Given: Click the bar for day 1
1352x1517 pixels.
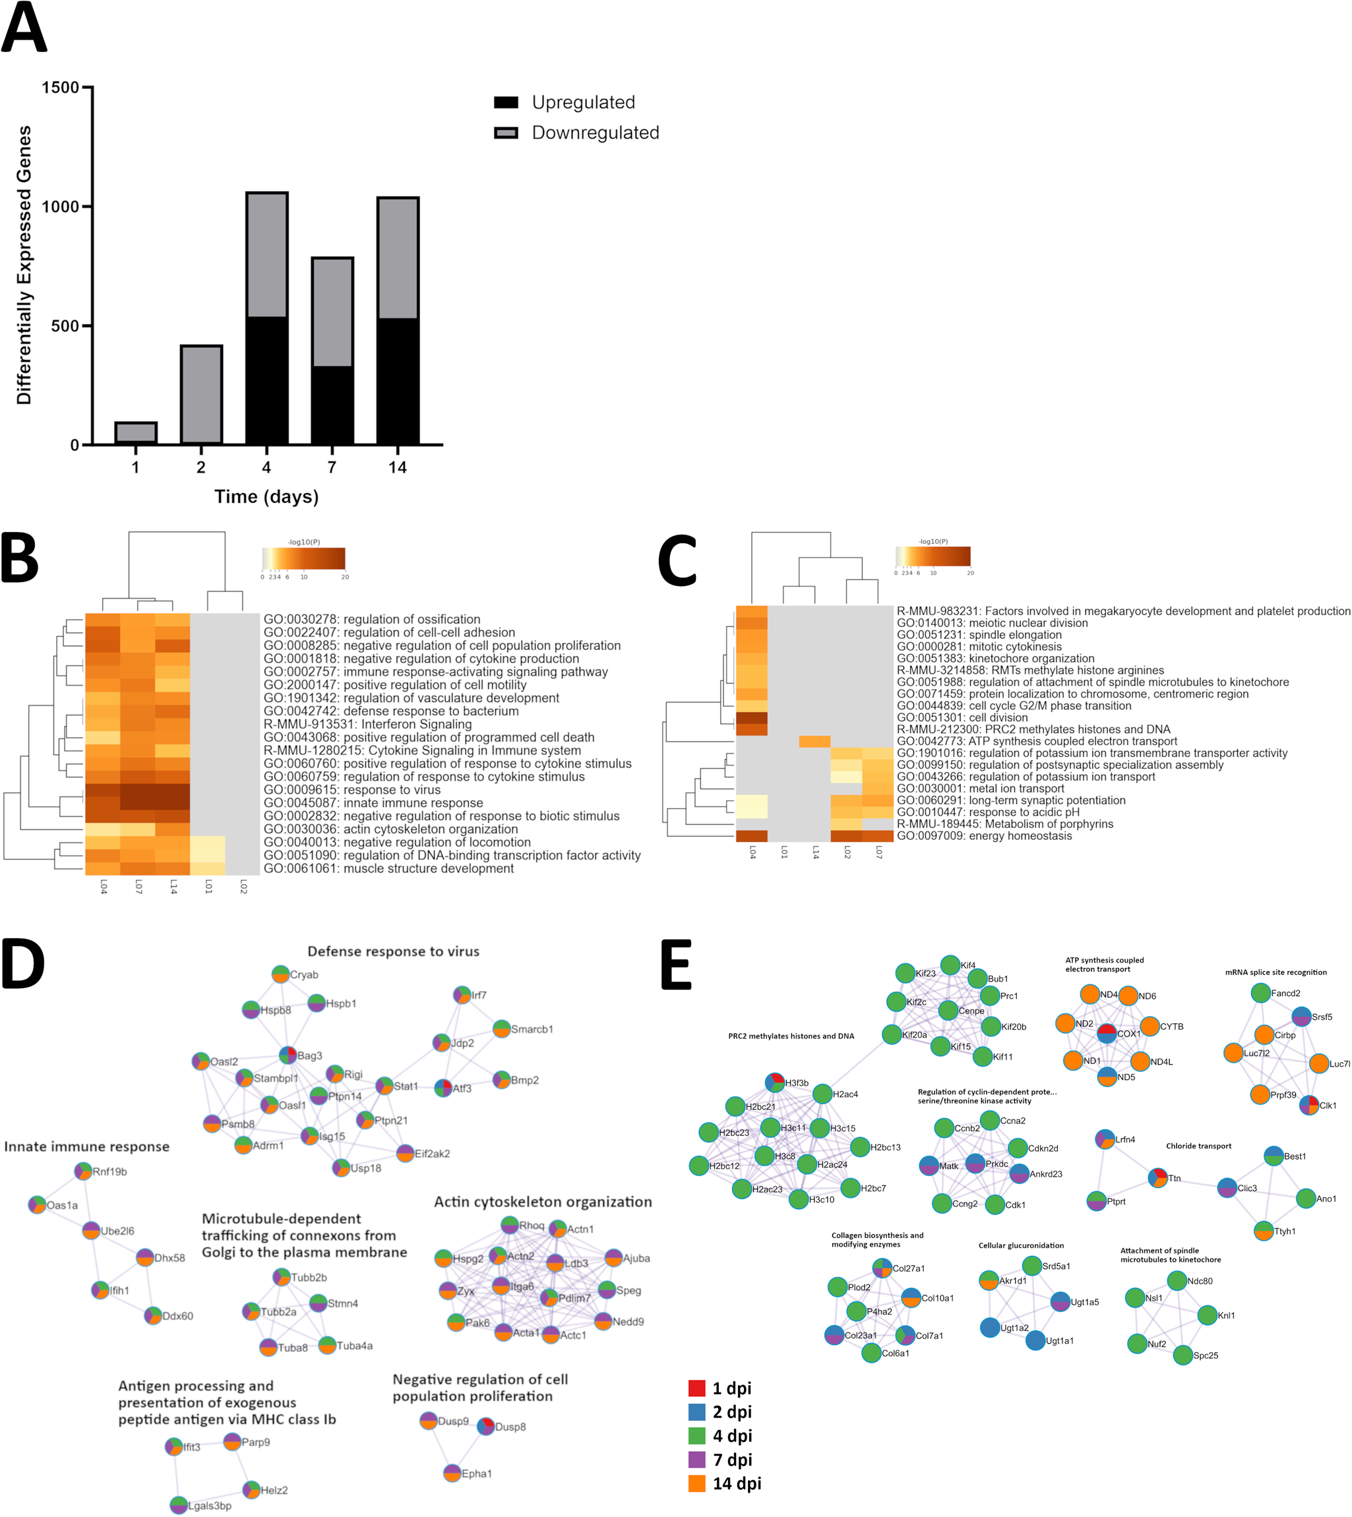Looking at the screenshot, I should tap(135, 433).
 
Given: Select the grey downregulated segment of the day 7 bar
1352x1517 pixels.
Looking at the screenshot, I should tap(332, 312).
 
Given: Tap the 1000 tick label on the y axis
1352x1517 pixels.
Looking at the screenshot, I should tap(60, 206).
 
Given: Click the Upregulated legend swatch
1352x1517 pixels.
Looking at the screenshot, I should tap(506, 102).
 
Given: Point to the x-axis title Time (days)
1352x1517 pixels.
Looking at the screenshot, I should tap(266, 496).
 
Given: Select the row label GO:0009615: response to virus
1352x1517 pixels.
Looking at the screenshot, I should tap(353, 790).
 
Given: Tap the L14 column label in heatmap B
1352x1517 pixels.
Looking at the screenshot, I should tap(173, 887).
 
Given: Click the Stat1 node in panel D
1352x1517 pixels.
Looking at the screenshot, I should tap(384, 1086).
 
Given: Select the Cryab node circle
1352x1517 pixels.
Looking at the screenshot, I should tap(280, 974).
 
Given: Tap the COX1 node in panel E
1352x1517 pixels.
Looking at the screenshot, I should tap(1107, 1033).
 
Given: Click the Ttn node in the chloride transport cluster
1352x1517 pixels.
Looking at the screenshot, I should tap(1157, 1177).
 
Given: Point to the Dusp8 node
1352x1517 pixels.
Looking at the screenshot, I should tap(486, 1427).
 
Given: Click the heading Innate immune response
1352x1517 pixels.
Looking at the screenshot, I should tap(87, 1146).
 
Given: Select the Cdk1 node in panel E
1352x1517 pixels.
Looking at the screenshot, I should tap(995, 1205).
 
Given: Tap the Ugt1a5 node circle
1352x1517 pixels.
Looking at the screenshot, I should tap(1060, 1301).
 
